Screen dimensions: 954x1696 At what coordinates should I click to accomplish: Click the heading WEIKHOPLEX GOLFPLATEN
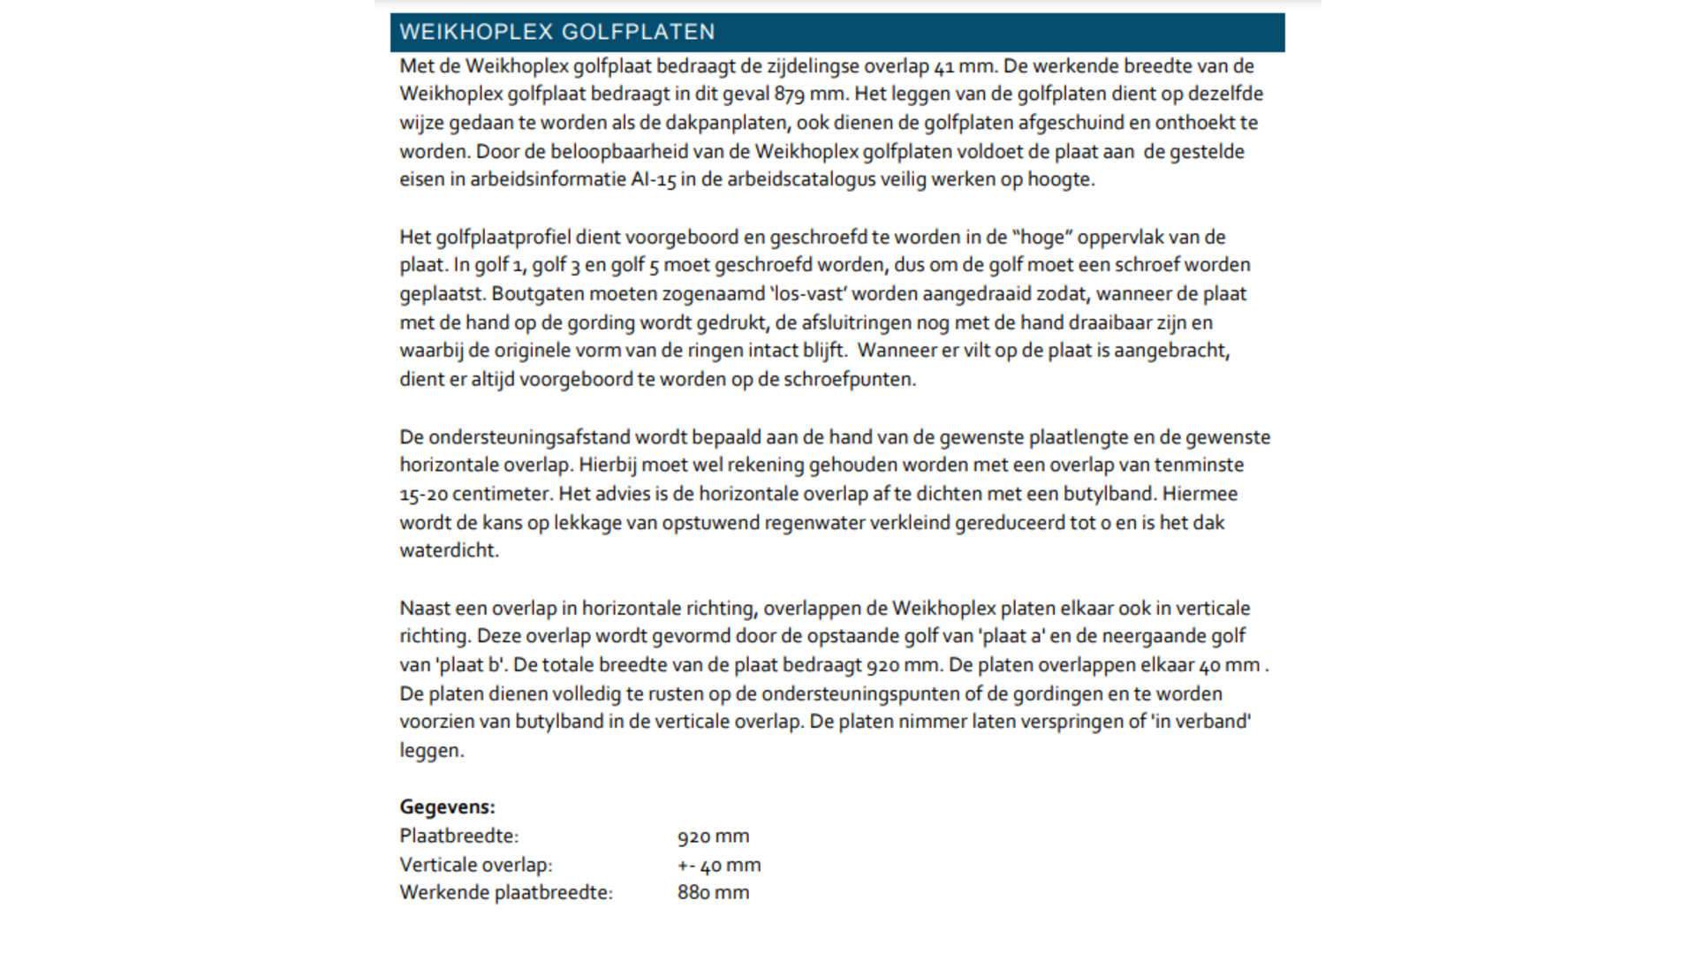click(556, 33)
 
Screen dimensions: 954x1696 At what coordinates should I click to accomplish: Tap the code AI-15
click(653, 179)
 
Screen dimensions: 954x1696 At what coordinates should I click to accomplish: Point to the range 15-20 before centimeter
click(423, 494)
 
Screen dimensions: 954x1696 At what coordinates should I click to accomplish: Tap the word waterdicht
click(449, 550)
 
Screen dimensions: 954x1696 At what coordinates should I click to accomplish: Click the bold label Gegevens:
click(447, 806)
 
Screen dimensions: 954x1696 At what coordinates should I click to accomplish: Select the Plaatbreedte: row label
click(458, 836)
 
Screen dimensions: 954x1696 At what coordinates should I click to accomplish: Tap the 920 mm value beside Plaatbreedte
click(713, 837)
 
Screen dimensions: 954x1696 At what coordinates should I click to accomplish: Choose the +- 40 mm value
click(718, 865)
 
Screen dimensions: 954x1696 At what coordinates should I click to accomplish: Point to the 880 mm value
click(713, 893)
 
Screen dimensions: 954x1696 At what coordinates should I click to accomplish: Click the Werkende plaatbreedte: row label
click(505, 893)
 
